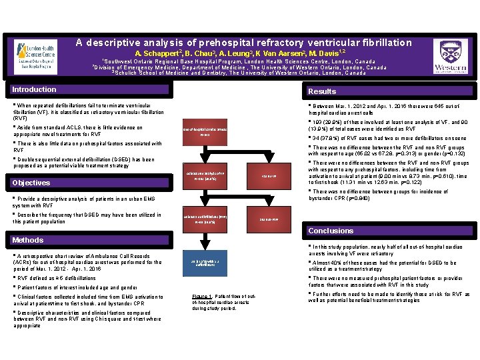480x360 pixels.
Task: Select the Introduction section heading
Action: [35, 90]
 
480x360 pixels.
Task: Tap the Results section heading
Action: [321, 92]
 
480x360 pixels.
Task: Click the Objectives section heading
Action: [33, 183]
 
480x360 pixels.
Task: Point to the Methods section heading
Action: [29, 240]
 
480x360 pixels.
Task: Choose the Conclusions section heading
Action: [327, 231]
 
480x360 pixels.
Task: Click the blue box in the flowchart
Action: [205, 262]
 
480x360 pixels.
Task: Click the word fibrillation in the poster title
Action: [383, 42]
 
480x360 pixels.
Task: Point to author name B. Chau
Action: [200, 53]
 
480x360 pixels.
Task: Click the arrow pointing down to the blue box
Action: [205, 241]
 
